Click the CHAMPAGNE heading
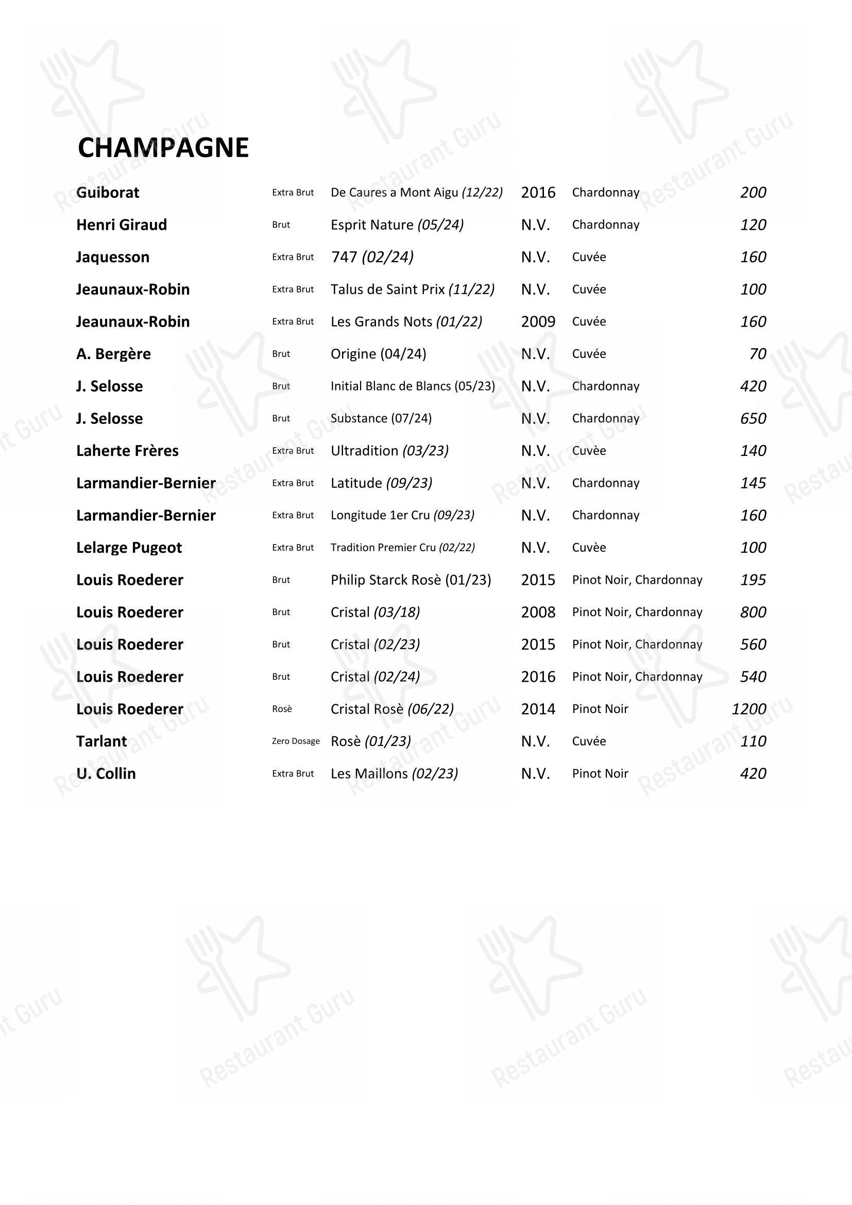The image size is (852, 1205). point(163,148)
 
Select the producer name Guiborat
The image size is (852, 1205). point(108,193)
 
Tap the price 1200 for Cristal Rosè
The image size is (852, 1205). point(748,709)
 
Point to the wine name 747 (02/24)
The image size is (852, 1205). point(372,257)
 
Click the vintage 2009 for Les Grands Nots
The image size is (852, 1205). point(538,321)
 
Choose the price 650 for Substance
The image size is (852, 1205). point(753,419)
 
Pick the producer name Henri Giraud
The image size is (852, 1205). point(121,225)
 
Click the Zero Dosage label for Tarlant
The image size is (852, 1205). point(295,741)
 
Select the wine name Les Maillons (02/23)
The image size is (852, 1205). point(394,774)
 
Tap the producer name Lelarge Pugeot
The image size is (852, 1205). point(129,548)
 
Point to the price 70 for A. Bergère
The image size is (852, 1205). point(758,354)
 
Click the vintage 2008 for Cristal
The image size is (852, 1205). point(538,613)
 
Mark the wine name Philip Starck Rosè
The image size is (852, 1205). point(411,580)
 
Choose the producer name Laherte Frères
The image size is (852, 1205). point(127,451)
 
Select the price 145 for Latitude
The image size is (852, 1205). point(753,483)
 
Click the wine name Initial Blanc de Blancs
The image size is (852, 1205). point(413,386)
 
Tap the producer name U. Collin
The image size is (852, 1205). point(106,774)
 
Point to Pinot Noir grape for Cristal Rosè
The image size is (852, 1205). point(600,709)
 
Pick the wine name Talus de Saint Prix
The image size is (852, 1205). point(413,290)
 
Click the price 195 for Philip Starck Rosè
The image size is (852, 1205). point(753,580)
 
